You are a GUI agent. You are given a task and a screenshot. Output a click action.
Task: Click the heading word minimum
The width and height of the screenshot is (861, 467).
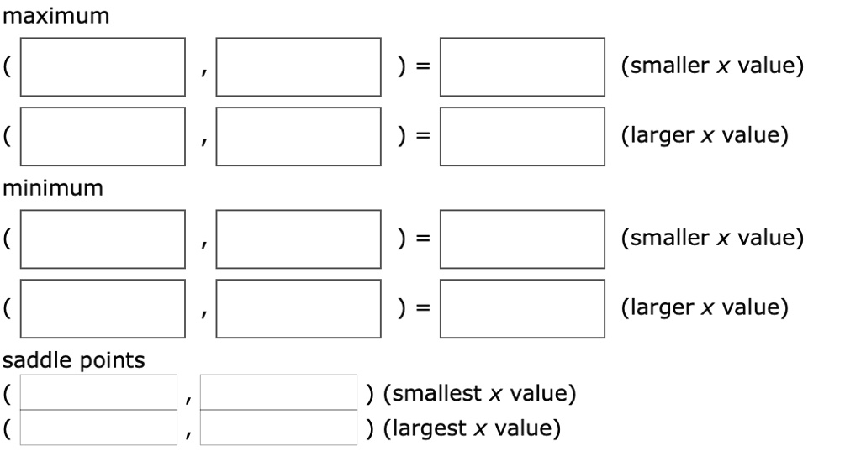point(53,188)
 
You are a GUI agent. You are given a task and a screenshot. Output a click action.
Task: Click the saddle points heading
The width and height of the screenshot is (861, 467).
point(74,360)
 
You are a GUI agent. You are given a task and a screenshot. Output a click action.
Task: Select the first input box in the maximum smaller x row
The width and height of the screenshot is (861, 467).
point(103,67)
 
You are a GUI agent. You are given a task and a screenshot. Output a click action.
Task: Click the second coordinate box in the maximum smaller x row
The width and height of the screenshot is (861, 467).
point(298,67)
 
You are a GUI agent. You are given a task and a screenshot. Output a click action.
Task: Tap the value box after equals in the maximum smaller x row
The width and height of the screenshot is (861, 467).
point(522,67)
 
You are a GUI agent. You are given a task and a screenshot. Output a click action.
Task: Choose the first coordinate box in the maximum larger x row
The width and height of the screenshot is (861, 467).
point(103,136)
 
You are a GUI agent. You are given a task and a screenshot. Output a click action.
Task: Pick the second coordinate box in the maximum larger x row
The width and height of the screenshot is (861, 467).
point(298,136)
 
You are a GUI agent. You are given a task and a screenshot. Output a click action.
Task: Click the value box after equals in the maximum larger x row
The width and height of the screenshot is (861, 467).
point(522,136)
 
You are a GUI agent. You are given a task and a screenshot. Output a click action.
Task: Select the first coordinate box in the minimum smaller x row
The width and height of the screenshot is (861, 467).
point(103,239)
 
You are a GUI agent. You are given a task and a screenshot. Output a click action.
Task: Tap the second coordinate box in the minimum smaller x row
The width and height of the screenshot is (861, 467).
point(298,239)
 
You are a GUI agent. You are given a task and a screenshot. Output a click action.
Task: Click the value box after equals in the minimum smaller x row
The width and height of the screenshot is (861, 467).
point(522,239)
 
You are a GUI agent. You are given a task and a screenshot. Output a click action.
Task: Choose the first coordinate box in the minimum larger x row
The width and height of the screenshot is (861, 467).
point(103,307)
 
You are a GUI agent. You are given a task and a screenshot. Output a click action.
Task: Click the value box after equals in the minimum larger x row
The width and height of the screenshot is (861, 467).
point(522,307)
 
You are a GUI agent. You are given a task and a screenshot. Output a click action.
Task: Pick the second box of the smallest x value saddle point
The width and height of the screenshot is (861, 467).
point(279,393)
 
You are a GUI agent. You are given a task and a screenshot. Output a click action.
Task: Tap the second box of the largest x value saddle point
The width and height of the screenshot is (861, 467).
point(279,428)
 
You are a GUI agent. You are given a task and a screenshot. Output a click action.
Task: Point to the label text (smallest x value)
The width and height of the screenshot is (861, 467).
point(479,393)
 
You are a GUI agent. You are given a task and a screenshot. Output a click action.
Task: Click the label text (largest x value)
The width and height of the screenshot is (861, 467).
point(472,428)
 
